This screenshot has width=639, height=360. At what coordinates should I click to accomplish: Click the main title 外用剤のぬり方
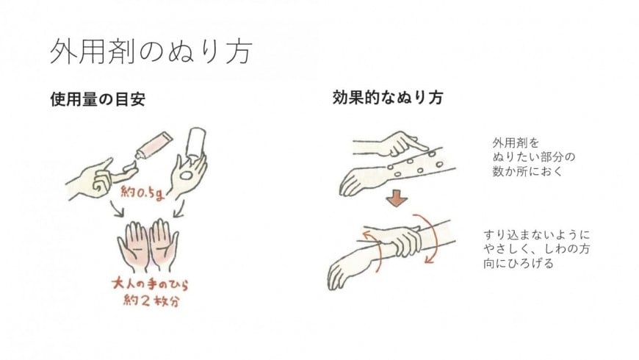click(x=151, y=51)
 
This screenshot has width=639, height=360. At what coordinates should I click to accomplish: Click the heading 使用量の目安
click(x=98, y=99)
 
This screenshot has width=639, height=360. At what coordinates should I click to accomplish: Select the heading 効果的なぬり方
click(x=388, y=98)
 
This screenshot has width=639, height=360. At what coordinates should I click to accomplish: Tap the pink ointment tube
click(x=154, y=145)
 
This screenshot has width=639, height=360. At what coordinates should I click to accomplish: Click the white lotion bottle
click(x=196, y=143)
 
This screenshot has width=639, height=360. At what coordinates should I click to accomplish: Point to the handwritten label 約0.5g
click(x=142, y=192)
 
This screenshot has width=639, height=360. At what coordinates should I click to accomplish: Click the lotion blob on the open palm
click(x=187, y=176)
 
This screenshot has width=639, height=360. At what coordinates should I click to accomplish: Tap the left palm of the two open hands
click(x=133, y=246)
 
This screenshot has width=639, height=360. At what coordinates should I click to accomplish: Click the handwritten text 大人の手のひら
click(x=150, y=284)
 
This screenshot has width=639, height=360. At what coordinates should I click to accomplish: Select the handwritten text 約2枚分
click(x=151, y=301)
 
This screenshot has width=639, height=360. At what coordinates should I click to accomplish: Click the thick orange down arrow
click(x=397, y=199)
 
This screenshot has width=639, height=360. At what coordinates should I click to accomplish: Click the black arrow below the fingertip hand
click(x=118, y=209)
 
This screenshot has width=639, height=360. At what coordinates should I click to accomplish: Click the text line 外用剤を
click(x=516, y=143)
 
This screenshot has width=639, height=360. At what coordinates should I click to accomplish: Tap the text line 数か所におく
click(x=527, y=172)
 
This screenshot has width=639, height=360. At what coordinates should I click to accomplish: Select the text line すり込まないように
click(x=537, y=235)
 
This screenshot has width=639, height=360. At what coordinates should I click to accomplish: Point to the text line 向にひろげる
click(x=519, y=263)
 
